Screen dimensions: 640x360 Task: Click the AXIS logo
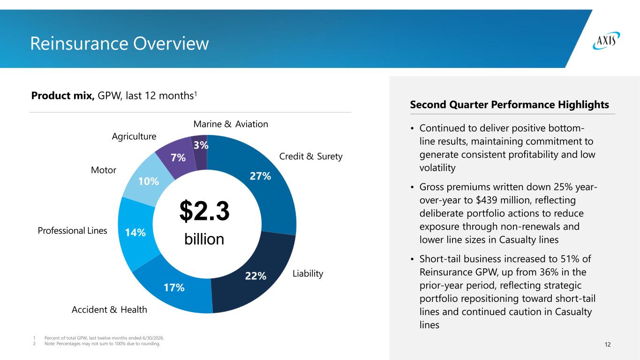606,41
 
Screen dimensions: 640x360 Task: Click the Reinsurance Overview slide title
120,44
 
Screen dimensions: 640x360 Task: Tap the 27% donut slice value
260,176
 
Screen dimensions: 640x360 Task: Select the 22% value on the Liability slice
256,276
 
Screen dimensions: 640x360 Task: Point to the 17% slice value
174,287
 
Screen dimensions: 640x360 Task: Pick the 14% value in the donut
136,232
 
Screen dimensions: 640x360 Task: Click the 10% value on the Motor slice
149,181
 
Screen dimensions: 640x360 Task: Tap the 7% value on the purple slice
178,157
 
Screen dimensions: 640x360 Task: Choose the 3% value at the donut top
201,145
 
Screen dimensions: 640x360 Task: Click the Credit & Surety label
311,156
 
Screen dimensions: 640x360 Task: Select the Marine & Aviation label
231,124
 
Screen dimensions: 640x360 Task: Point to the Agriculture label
134,136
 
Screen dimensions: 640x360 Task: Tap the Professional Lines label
72,231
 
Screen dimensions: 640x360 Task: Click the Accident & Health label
109,309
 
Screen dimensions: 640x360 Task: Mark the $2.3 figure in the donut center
204,211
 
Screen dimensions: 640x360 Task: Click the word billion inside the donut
204,239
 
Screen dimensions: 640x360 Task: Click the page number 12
608,345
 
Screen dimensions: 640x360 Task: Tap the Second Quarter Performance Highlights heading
510,105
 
